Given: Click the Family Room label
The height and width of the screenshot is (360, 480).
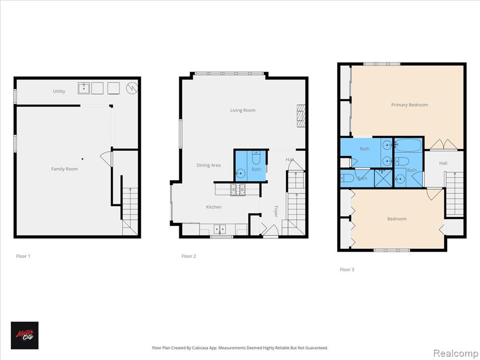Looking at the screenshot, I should tap(64, 169).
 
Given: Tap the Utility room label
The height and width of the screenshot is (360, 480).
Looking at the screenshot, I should tap(59, 91).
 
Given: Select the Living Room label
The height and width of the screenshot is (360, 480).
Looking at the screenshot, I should tap(243, 111).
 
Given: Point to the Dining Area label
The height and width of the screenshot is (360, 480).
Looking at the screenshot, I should tap(208, 165).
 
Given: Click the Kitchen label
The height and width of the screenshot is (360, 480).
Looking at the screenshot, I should tap(214, 207).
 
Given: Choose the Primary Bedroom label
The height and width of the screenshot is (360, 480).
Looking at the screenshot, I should tap(409, 105).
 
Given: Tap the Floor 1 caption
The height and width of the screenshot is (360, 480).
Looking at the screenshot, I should tap(23, 256).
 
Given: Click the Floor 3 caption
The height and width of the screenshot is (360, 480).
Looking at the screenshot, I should tap(347, 270).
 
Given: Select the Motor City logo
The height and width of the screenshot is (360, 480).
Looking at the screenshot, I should tap(24, 335).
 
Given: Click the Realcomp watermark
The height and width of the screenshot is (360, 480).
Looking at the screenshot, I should tap(455, 352).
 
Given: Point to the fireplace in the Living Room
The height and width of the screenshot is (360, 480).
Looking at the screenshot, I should tap(301, 116).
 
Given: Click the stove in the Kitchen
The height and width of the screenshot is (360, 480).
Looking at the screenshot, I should tap(237, 189).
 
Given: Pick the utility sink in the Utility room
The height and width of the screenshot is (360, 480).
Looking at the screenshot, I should tap(83, 88).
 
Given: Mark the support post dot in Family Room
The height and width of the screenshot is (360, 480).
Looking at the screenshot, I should tap(82, 158).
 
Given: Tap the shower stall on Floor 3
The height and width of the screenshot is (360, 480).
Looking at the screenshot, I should tap(383, 179).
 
